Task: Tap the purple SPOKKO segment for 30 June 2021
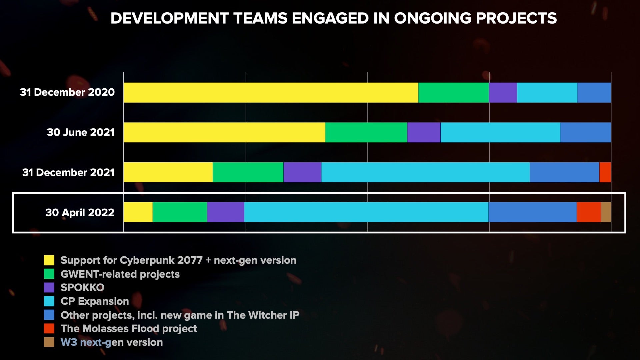tap(424, 132)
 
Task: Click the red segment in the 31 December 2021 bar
tap(605, 172)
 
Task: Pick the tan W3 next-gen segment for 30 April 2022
tap(606, 212)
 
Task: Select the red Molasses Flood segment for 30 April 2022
tap(589, 212)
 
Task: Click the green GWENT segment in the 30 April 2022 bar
tap(180, 212)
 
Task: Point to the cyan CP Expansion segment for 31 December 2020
tap(547, 92)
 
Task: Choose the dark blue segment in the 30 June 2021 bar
tap(585, 132)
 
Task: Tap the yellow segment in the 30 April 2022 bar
tap(138, 212)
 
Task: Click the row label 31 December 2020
tap(67, 92)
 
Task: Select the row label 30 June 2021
tap(81, 132)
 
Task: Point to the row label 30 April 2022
tap(80, 212)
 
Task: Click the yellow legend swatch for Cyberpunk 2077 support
tap(49, 260)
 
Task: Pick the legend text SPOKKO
tap(82, 287)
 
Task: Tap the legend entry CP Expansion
tap(95, 301)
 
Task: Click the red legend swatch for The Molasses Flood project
tap(49, 328)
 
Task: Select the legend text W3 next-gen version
tap(112, 342)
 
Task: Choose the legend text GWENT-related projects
tap(120, 274)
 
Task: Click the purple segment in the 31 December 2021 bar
tap(302, 172)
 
